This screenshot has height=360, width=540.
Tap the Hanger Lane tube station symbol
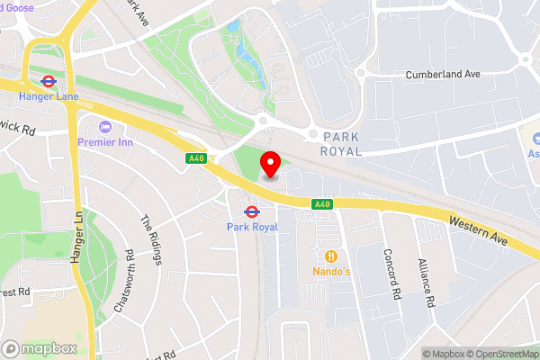pyautogui.click(x=49, y=78)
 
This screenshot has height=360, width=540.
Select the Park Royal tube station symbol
pyautogui.click(x=252, y=212)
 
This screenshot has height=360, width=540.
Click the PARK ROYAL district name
pyautogui.click(x=335, y=143)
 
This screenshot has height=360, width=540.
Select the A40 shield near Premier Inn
pyautogui.click(x=196, y=158)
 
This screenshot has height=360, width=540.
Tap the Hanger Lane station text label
pyautogui.click(x=49, y=96)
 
